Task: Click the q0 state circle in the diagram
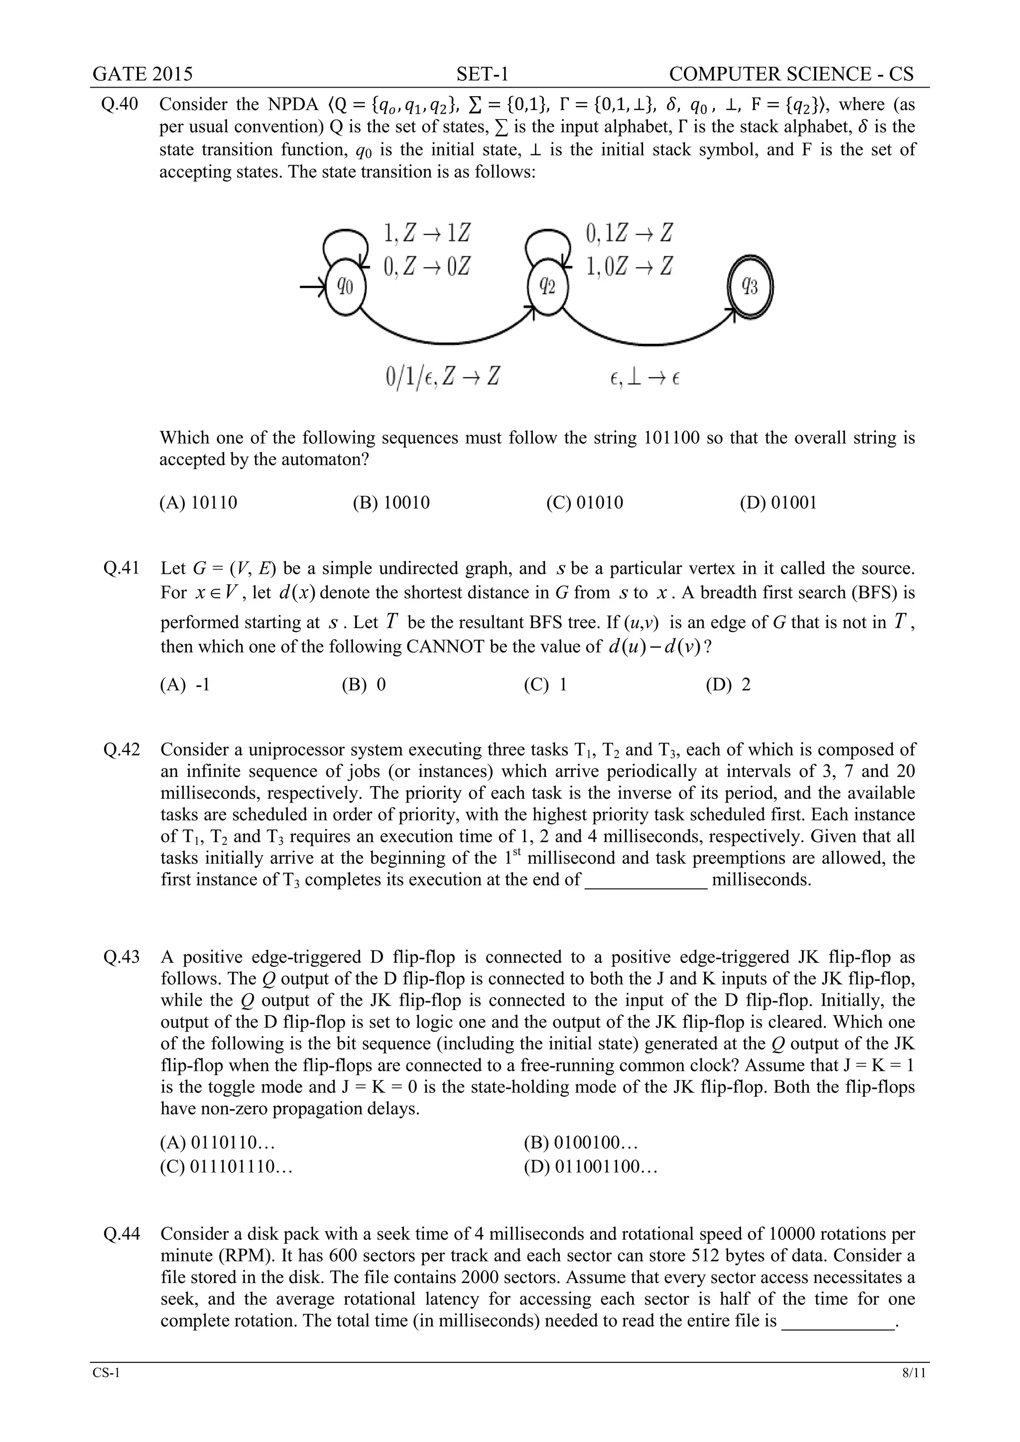tap(345, 287)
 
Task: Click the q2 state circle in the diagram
tap(548, 287)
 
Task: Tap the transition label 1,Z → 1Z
tap(426, 234)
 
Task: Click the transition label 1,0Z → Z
tap(629, 266)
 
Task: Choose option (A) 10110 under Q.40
tap(199, 503)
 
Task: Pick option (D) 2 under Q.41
tap(728, 684)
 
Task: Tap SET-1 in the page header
tap(483, 74)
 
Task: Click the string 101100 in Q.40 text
tap(672, 438)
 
